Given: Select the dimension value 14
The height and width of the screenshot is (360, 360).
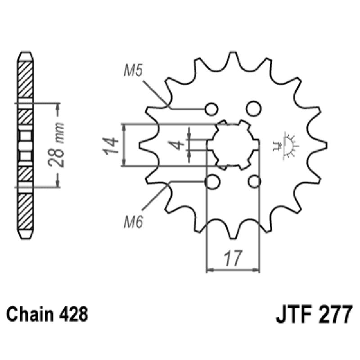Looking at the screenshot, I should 113,145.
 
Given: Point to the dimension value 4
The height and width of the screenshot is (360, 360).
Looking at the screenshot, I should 178,145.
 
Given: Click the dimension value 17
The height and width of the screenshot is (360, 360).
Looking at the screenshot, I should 233,259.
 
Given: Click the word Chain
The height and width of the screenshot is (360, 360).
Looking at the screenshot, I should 31,314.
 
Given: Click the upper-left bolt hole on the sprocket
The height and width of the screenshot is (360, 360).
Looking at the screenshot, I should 211,109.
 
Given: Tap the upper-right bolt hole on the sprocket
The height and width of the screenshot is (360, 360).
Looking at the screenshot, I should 253,108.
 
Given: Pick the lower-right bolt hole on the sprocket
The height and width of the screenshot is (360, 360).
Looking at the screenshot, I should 254,182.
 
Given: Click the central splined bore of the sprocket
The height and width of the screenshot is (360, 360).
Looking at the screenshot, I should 233,145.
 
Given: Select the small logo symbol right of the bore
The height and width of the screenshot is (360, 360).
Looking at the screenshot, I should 286,145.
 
